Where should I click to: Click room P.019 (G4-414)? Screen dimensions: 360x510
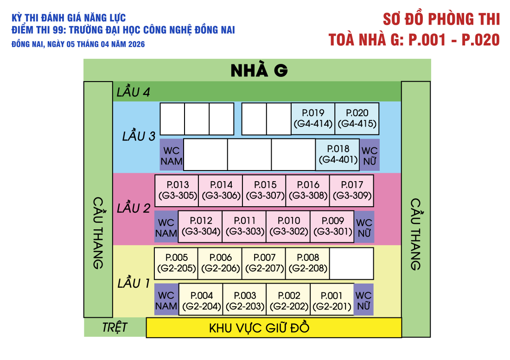(313, 118)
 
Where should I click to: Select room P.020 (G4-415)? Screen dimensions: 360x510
(357, 118)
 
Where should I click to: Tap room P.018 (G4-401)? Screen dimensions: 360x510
(338, 154)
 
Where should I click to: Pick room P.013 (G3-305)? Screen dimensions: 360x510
(177, 190)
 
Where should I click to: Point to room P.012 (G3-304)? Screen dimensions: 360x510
(200, 226)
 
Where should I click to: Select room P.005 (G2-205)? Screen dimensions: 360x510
(176, 263)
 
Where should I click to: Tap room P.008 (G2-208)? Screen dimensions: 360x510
(307, 263)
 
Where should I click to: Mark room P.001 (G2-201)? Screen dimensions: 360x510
(332, 301)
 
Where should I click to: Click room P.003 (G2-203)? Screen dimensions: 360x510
(245, 301)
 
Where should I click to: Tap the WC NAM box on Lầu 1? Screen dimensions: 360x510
(166, 300)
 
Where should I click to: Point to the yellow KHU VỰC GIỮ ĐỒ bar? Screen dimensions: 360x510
(274, 328)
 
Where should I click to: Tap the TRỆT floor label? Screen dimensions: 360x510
(115, 328)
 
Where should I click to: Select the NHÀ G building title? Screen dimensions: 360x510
(259, 70)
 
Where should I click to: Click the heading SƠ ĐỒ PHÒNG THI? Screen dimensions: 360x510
(441, 19)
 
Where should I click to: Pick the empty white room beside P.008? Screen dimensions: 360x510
(351, 263)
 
